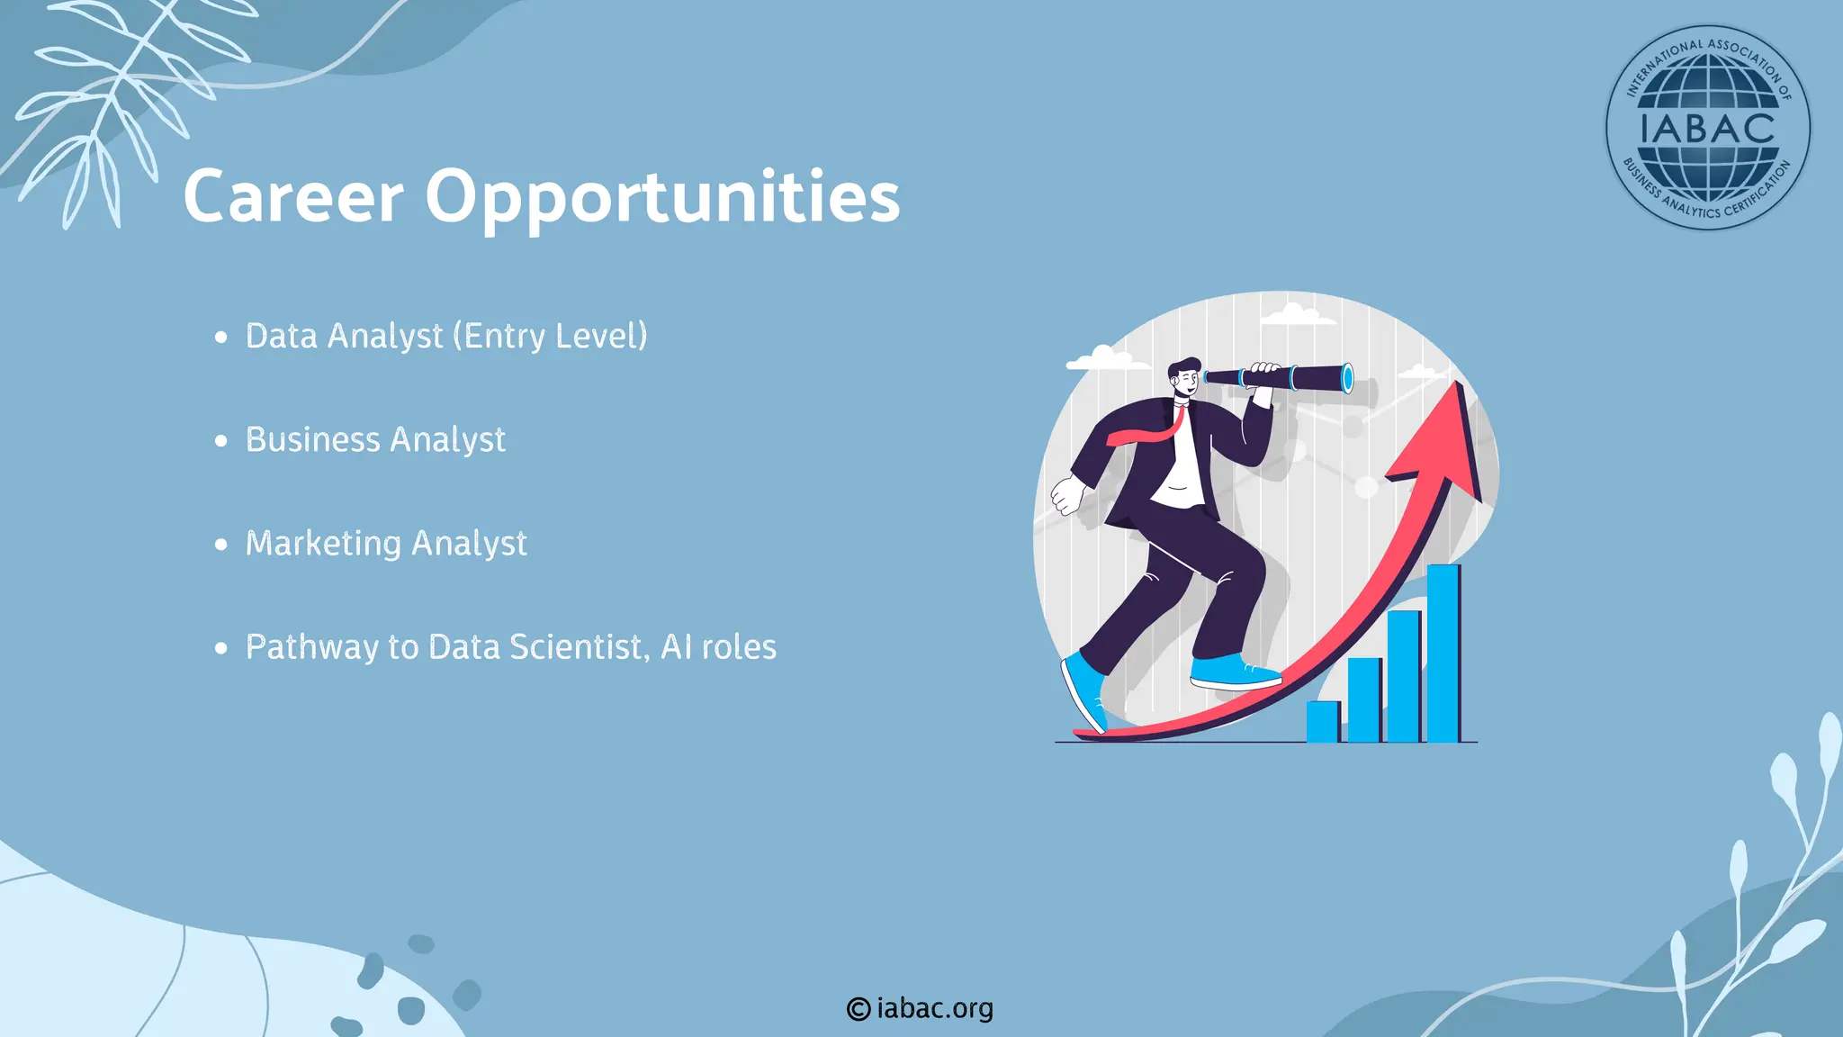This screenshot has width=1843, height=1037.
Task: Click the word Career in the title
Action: coord(293,197)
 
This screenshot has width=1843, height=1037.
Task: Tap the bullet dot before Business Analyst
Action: coord(221,441)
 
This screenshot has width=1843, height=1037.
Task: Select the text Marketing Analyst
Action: coord(386,544)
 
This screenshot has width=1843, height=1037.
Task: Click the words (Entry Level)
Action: coord(550,336)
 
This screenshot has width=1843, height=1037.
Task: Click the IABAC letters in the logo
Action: coord(1707,129)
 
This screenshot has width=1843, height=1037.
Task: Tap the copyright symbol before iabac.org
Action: coord(858,1009)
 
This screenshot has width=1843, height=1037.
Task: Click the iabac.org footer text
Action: coord(935,1008)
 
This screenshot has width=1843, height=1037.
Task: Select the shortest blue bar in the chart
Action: coord(1322,721)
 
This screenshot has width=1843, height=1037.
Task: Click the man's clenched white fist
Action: coord(1068,495)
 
